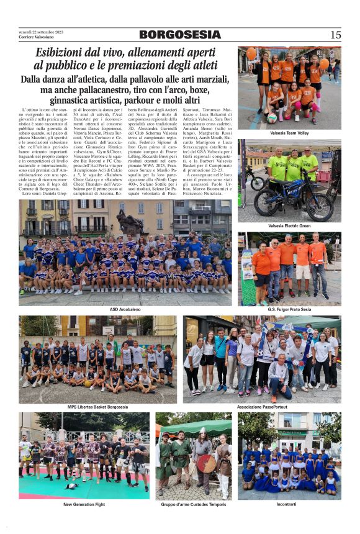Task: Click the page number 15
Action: pos(335,35)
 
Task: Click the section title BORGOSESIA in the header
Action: pos(179,35)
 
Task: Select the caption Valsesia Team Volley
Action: pos(289,133)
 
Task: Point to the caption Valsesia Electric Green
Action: pos(289,225)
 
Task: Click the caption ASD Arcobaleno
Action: pos(125,309)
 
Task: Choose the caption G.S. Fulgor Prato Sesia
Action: pos(289,309)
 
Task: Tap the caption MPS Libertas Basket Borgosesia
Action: pos(97,407)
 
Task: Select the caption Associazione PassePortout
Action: pos(261,407)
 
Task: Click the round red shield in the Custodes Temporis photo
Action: pos(205,463)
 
